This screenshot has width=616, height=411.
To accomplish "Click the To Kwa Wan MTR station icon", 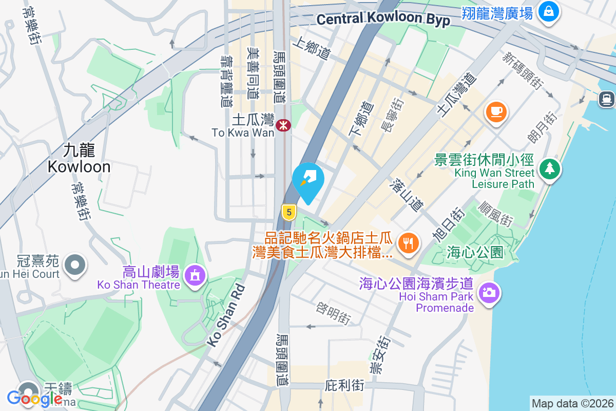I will [283, 125].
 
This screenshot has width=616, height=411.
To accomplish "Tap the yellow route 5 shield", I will [289, 212].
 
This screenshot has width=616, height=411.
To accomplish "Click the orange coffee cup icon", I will [496, 112].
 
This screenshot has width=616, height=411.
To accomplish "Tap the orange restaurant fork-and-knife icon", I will [408, 242].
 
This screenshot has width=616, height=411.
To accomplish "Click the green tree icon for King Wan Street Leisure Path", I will [549, 167].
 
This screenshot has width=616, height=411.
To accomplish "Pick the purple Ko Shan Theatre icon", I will [195, 276].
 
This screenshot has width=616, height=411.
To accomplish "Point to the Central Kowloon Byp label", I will [383, 19].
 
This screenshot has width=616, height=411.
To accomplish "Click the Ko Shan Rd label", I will [226, 313].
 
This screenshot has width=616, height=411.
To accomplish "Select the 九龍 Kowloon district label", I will [79, 158].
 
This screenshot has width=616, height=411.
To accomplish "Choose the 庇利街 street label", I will [344, 385].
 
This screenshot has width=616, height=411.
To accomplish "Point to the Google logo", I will [35, 398].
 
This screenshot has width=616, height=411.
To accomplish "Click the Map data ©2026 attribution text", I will [572, 403].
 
